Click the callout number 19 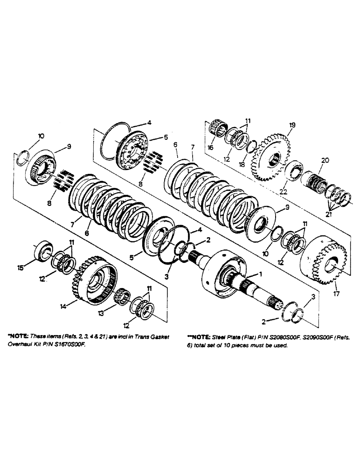(x=292, y=125)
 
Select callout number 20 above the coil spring (x=325, y=160)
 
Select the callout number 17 (x=336, y=294)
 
